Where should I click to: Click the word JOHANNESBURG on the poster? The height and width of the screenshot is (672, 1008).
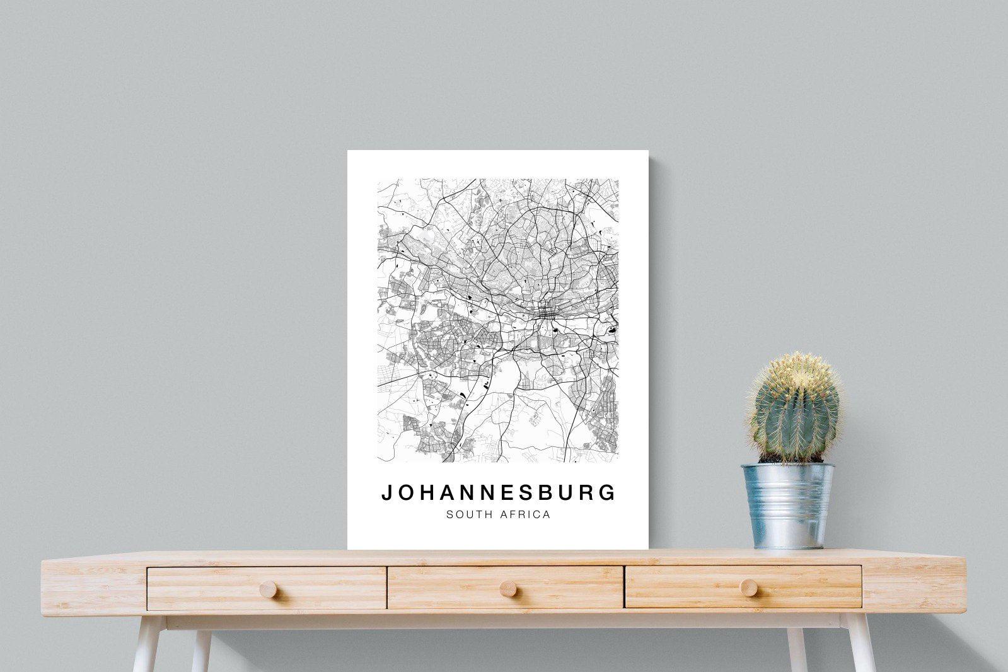coord(498,492)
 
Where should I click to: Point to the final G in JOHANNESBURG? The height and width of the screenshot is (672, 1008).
coord(608,492)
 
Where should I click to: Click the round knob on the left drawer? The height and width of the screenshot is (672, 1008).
coord(267,589)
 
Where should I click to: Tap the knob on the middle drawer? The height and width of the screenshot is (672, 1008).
coord(507,589)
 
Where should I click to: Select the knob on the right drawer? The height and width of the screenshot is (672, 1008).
coord(749,588)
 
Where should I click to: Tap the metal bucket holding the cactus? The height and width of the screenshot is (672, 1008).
coord(788,507)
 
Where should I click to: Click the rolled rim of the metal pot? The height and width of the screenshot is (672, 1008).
coord(787,468)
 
